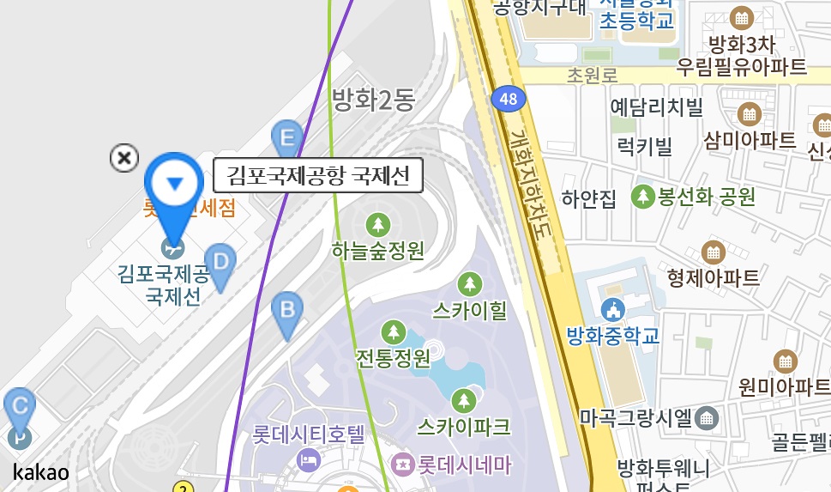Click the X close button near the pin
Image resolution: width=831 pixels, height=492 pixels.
click(x=124, y=158)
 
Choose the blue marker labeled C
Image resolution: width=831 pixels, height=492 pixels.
click(x=20, y=406)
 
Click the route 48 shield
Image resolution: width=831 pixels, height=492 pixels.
click(x=508, y=99)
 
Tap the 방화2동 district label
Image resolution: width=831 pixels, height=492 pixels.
click(x=373, y=100)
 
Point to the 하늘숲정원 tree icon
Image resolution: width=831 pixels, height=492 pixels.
click(x=377, y=226)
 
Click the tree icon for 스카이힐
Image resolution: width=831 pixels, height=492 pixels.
click(x=469, y=284)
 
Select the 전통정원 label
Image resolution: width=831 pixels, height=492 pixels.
click(x=394, y=357)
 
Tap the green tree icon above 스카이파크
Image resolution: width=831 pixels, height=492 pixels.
click(x=464, y=399)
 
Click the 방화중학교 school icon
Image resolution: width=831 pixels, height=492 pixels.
click(x=612, y=309)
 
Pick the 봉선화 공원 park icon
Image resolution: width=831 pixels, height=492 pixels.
click(x=642, y=197)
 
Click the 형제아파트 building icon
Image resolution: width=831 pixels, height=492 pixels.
click(x=713, y=252)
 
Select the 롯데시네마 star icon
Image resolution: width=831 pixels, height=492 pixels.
click(x=401, y=465)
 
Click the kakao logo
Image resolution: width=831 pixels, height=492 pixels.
click(x=41, y=471)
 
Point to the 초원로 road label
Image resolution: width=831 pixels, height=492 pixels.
click(x=592, y=76)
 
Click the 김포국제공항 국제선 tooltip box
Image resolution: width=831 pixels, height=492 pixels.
click(x=318, y=177)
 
